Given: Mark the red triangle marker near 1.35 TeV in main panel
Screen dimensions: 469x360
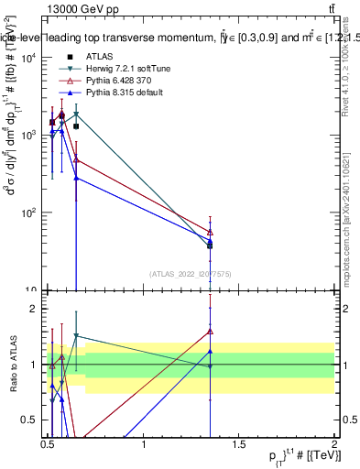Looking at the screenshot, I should coord(210,232).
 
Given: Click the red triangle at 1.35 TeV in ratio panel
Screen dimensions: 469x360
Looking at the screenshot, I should coord(210,332).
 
